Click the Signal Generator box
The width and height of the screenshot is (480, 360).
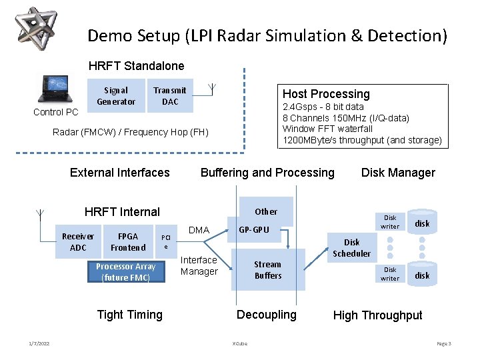(x=116, y=96)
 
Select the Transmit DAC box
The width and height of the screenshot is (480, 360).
(x=170, y=96)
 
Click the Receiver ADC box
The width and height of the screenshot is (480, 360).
(x=78, y=242)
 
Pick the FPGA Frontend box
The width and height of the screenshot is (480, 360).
(x=128, y=242)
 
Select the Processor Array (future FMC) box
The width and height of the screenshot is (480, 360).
(x=125, y=271)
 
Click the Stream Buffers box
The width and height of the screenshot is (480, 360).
(x=268, y=270)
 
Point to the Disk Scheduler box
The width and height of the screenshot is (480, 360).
(x=351, y=248)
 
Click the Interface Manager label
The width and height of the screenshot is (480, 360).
(x=199, y=265)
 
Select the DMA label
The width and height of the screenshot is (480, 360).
(x=199, y=231)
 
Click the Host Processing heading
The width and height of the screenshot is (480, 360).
(x=325, y=94)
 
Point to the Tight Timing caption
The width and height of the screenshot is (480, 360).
(x=129, y=315)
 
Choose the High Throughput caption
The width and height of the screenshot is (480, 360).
(x=377, y=315)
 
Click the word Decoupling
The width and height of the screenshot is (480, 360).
(x=267, y=315)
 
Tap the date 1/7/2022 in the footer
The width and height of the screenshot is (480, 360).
(x=39, y=343)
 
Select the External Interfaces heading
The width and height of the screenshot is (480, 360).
(x=120, y=173)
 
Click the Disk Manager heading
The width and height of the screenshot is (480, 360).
(x=397, y=173)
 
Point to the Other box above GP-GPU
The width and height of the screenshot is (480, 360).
(x=266, y=211)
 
